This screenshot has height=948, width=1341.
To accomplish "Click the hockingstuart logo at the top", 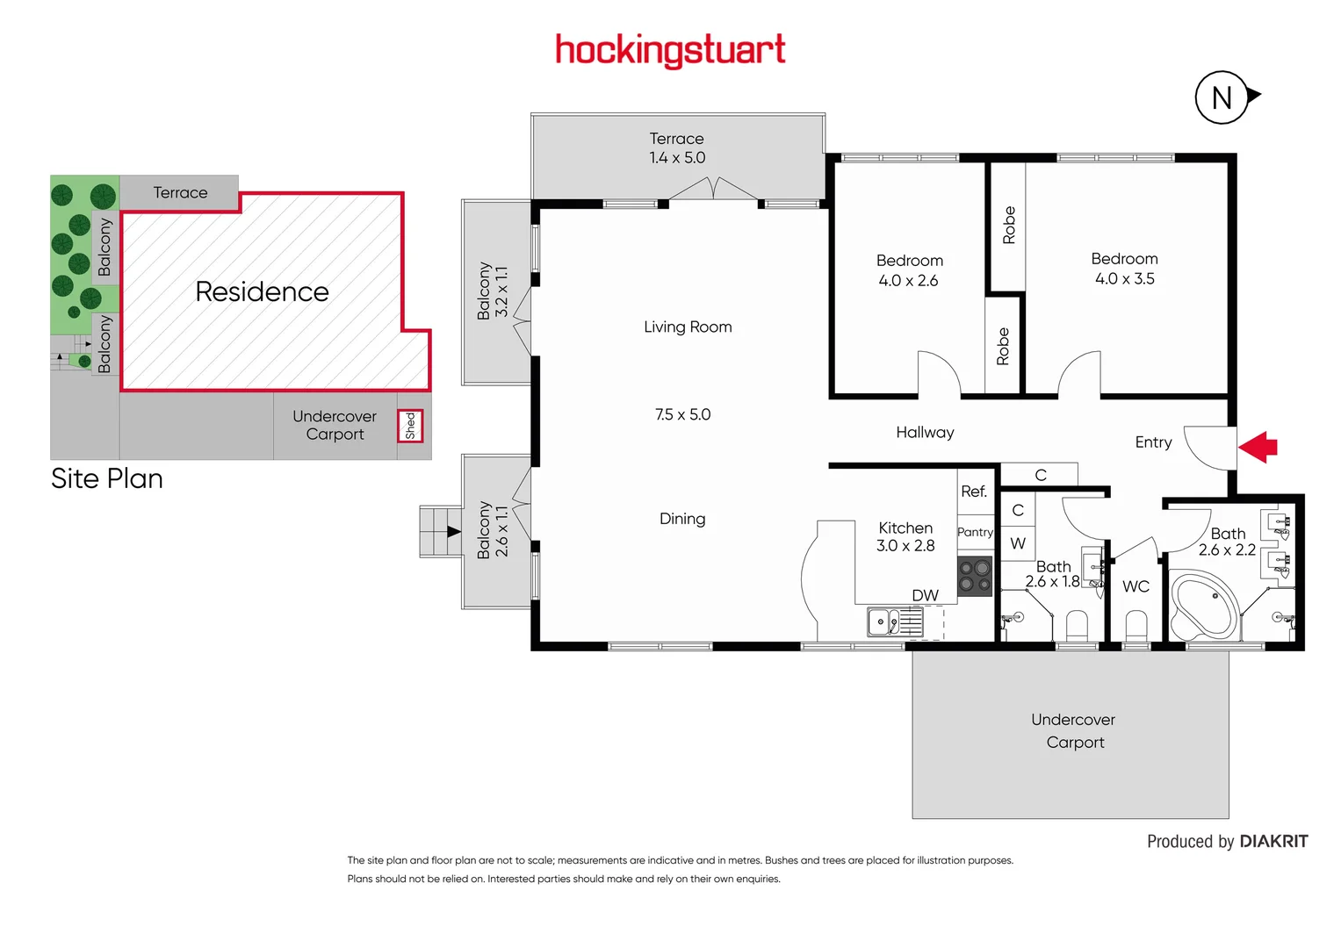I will tap(670, 51).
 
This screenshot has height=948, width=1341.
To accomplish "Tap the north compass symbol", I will tap(1222, 97).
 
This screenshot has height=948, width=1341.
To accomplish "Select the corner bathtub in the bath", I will tap(1203, 606).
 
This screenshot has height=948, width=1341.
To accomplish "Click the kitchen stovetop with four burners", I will tap(974, 576).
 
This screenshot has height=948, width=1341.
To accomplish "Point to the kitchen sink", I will tap(894, 621).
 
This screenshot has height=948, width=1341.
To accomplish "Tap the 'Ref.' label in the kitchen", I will tap(973, 492).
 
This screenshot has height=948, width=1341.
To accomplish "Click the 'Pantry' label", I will tap(975, 532).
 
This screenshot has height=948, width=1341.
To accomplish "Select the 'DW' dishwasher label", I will tap(925, 595).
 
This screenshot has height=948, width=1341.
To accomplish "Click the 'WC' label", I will tap(1136, 586).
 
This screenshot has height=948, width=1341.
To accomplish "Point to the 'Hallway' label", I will tap(925, 432).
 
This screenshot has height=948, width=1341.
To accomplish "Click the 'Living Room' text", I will tap(688, 327).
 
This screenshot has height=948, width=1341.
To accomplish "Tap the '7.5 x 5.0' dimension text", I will tap(682, 414).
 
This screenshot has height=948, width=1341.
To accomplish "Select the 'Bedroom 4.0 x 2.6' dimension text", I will tap(908, 281).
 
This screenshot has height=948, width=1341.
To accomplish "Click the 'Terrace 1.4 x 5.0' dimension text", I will tap(677, 158).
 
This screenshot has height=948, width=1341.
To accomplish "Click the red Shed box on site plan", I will tap(410, 426).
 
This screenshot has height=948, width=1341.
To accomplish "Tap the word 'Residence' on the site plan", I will tap(262, 291).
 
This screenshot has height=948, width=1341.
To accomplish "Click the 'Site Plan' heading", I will tap(107, 478).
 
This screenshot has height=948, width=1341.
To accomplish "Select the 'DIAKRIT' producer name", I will tap(1273, 841).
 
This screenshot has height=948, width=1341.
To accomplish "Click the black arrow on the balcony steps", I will tap(453, 531).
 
